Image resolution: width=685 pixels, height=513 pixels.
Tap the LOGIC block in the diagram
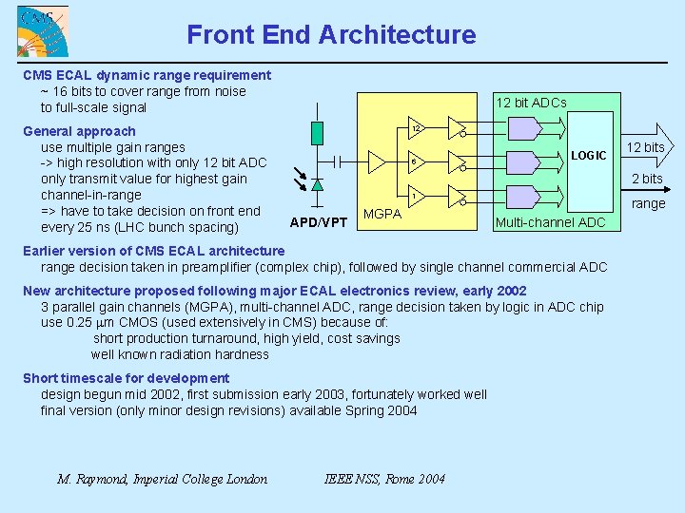coord(589,156)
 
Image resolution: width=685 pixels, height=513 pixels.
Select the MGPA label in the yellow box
coord(382,215)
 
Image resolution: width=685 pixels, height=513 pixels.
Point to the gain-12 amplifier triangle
coord(416,129)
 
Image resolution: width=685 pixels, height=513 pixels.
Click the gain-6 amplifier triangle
coord(416,161)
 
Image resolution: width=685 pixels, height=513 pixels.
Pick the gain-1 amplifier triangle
coord(416,197)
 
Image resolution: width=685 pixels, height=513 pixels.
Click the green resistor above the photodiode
coord(317,133)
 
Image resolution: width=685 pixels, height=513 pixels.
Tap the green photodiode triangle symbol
coord(317,183)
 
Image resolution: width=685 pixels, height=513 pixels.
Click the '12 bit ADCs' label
coord(531,103)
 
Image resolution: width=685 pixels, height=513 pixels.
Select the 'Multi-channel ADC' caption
coord(551,222)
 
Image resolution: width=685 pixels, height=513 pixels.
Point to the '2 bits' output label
coord(647,179)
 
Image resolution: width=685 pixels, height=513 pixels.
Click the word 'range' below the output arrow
coord(649,203)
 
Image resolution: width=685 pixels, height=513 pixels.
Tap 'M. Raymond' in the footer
coord(93,479)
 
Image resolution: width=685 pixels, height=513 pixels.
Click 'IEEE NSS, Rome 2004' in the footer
coord(384,479)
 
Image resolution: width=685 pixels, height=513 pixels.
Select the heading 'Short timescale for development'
coord(126,378)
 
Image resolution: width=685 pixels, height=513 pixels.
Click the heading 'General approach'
coord(79,131)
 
